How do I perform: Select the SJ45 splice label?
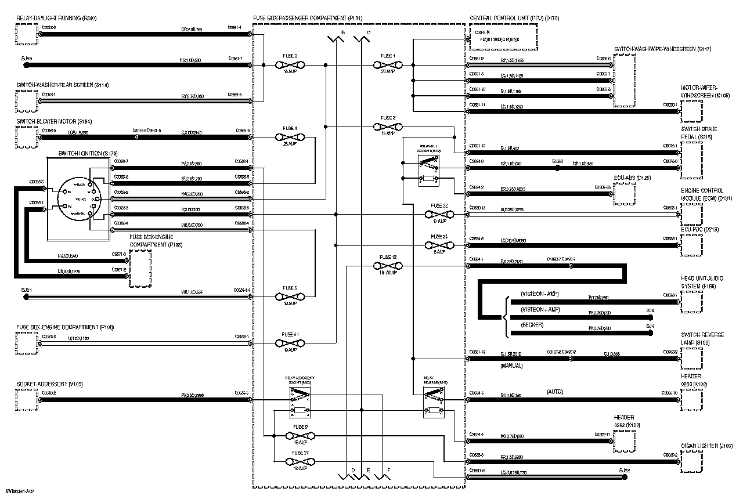(27, 59)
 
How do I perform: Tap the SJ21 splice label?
(26, 290)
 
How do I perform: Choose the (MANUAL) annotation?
(511, 366)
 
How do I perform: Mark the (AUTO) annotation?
(555, 392)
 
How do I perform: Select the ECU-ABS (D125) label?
(636, 177)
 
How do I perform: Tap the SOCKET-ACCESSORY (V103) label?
(50, 384)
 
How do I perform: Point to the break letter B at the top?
(342, 33)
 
